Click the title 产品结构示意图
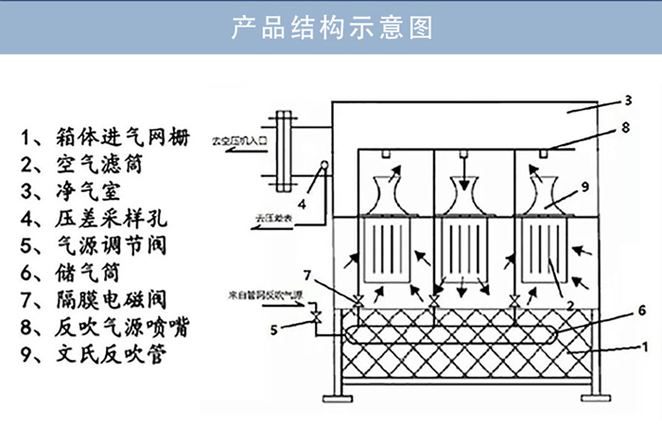[x=331, y=27]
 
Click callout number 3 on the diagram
[x=627, y=99]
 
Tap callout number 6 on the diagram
[x=642, y=310]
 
